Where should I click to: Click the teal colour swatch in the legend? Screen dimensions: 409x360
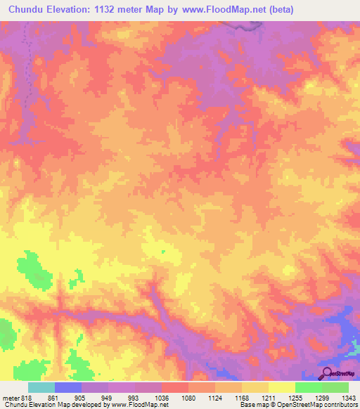click(x=41, y=387)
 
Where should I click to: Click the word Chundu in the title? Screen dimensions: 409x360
click(x=27, y=9)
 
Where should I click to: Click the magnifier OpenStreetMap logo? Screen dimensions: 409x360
click(x=327, y=373)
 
